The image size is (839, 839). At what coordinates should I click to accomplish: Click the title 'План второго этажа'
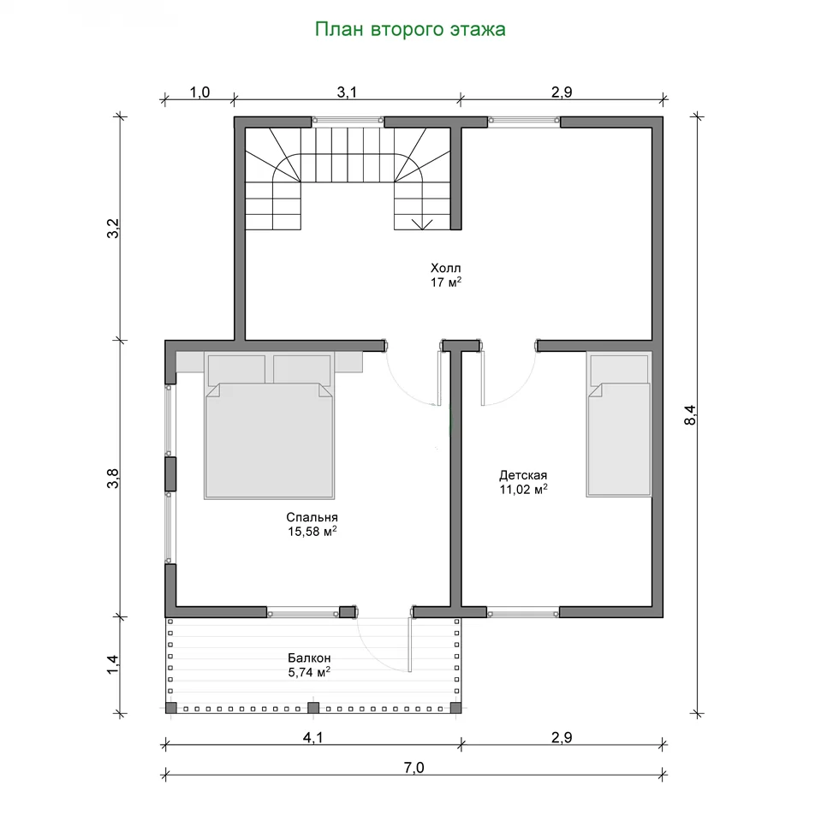(x=410, y=29)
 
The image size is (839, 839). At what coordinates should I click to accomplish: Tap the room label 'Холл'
(x=446, y=267)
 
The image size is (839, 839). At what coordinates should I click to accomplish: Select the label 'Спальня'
(x=312, y=517)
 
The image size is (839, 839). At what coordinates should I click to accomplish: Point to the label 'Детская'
(x=523, y=475)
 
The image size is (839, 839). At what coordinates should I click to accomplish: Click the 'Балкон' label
(x=309, y=658)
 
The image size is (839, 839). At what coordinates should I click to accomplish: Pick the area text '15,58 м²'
(x=312, y=532)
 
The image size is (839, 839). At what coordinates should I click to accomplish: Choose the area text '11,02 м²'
(x=523, y=489)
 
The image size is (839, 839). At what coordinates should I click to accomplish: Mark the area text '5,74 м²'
(x=309, y=672)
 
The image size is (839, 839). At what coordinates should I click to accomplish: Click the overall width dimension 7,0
(x=414, y=768)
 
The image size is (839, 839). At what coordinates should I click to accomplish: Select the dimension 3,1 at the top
(x=347, y=92)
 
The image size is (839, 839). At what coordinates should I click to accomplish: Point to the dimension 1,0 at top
(x=199, y=92)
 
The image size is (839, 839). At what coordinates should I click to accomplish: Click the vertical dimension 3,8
(x=113, y=479)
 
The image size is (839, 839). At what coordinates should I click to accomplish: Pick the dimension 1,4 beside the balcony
(x=113, y=665)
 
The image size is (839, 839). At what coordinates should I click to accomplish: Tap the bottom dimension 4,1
(x=313, y=738)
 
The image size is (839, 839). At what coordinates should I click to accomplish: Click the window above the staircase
(x=348, y=122)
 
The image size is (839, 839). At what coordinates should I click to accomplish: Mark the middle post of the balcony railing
(x=313, y=708)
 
